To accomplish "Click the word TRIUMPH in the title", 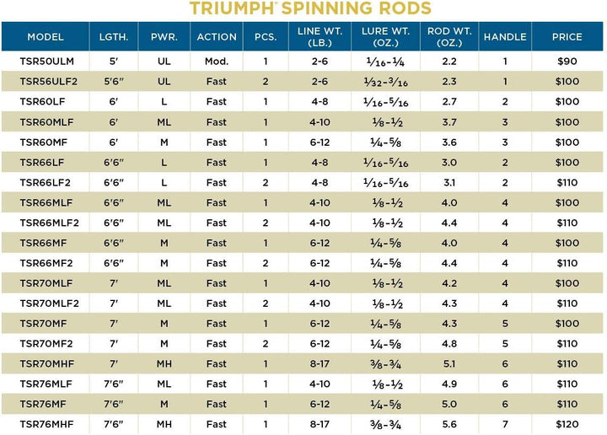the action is (232, 8).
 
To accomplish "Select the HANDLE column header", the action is (505, 37).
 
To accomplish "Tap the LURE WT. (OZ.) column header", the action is (385, 37).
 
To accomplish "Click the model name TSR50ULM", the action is (47, 62).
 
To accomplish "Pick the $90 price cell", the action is (567, 62).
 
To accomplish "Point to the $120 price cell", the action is (567, 424).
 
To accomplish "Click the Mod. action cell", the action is (217, 62).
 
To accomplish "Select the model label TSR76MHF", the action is (46, 424).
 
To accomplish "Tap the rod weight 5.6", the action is (449, 424).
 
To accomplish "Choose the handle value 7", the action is (505, 424).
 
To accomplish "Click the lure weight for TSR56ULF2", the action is (385, 82).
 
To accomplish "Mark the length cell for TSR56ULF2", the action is (114, 81).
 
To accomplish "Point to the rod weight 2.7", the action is (449, 101).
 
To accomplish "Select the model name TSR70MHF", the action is (47, 364).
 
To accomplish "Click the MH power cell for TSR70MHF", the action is (164, 364).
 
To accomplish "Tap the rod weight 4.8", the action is (449, 344).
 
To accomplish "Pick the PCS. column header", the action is (266, 37).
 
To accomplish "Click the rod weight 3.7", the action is (449, 122).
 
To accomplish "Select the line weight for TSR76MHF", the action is (320, 424).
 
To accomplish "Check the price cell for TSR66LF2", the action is (567, 183).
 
